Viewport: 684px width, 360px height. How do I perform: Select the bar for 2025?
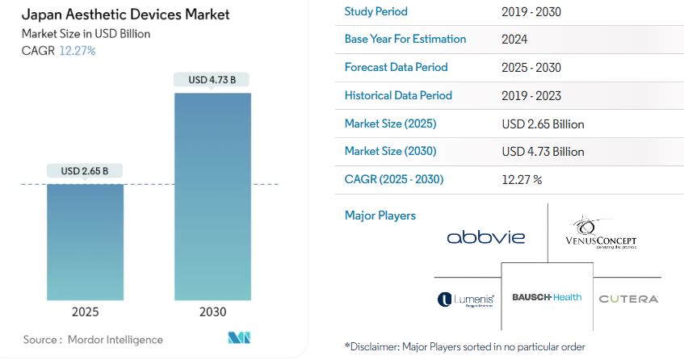point(85,242)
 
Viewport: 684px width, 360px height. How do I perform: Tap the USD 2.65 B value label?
point(85,170)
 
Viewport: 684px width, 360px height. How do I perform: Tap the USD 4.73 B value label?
point(212,79)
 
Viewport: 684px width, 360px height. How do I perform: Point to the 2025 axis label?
point(85,312)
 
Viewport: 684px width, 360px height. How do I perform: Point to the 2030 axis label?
point(212,312)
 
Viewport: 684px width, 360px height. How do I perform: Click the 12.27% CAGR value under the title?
point(78,51)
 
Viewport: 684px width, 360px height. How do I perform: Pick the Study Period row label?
point(376,11)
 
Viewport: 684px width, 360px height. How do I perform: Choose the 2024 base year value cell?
point(515,40)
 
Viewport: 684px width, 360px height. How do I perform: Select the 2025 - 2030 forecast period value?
point(531,68)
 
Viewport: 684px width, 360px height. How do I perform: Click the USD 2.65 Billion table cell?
point(543,124)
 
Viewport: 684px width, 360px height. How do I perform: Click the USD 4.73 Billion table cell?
point(543,152)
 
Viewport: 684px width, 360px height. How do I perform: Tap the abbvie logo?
point(486,237)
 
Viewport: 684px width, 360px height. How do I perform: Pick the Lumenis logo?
point(465,299)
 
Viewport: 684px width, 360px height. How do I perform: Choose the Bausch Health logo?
point(547,298)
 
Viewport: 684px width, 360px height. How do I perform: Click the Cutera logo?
point(628,299)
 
